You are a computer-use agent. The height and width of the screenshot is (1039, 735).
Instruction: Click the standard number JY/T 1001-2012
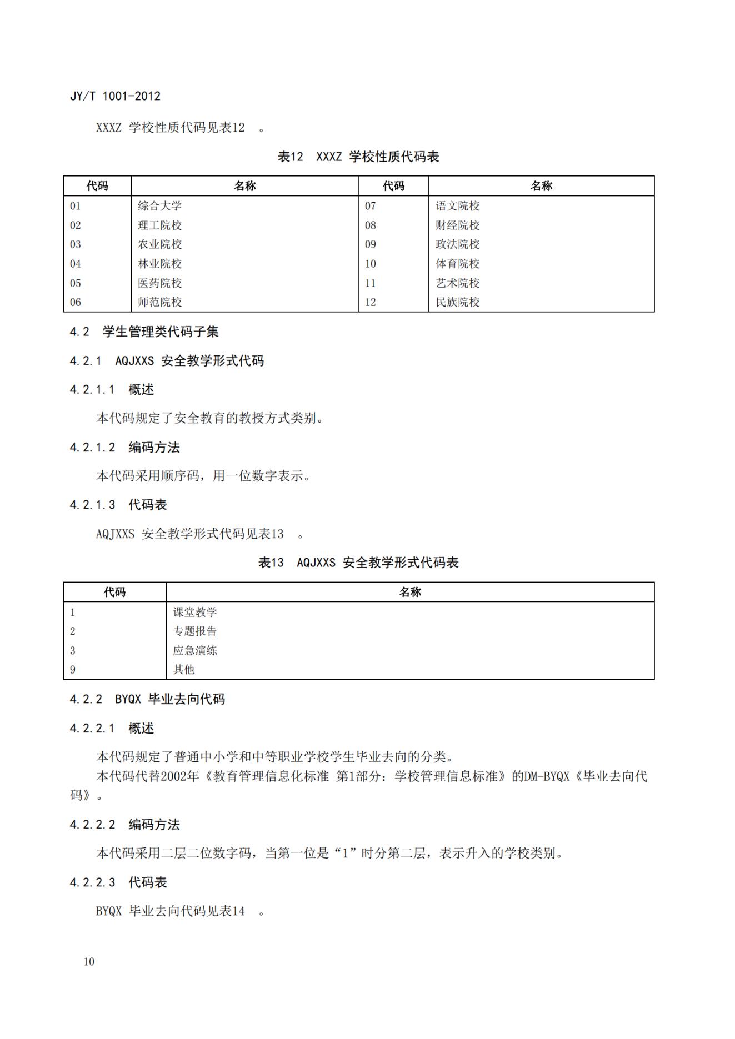coord(115,96)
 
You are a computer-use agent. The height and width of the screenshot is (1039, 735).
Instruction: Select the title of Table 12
coord(358,157)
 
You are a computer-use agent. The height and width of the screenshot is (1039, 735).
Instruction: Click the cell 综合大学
coord(160,206)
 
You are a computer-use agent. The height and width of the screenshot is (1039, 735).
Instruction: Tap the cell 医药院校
coord(160,283)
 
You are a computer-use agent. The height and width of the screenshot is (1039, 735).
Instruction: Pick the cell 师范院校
coord(160,302)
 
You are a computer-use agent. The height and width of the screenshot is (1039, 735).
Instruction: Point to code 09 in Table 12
coord(371,244)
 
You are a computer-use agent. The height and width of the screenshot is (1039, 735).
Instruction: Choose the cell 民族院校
coord(457,302)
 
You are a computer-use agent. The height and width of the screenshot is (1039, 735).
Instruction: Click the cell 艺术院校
coord(457,283)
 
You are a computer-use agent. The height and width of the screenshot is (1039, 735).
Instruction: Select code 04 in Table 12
coord(76,264)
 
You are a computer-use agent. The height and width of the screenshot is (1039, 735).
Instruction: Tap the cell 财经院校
coord(457,225)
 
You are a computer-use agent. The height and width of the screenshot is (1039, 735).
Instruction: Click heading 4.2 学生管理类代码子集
coord(144,332)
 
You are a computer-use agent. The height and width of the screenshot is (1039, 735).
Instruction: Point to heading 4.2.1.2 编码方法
coord(124,447)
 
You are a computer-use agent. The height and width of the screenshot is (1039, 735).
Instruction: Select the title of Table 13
coord(358,563)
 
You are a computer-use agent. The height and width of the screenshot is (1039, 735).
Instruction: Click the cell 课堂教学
coord(195,612)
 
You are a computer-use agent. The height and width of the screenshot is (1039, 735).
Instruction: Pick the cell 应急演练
coord(195,650)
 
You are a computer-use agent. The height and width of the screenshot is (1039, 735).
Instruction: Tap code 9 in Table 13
coord(73,670)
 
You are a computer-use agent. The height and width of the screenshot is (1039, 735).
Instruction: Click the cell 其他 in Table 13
coord(184,670)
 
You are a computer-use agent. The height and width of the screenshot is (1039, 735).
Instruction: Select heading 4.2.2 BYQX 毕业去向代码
coord(147,699)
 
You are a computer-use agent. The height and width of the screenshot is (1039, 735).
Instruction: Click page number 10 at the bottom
coord(89,962)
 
